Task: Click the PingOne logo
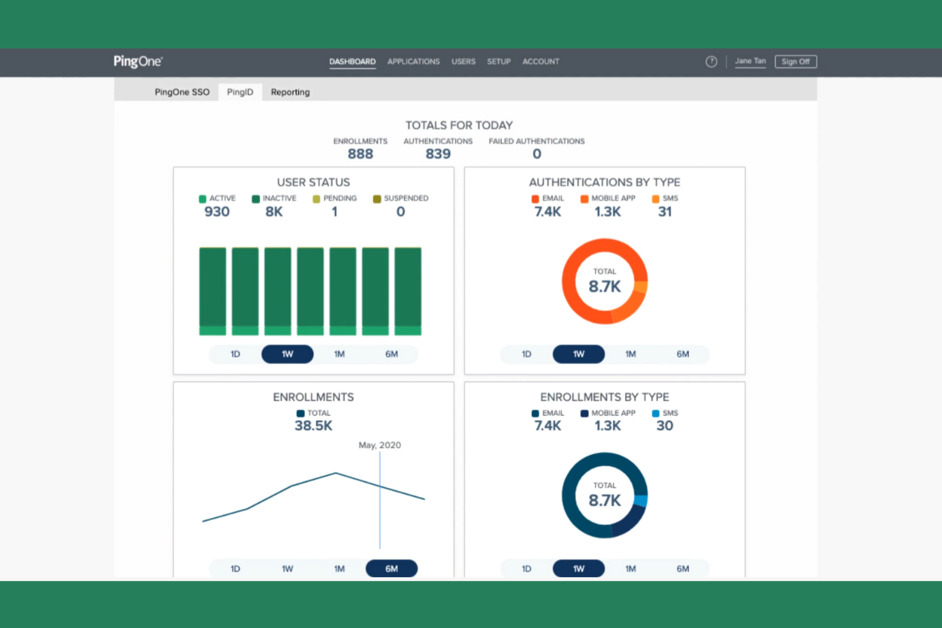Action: pyautogui.click(x=138, y=62)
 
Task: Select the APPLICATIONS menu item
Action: pyautogui.click(x=413, y=62)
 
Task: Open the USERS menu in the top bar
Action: pyautogui.click(x=463, y=62)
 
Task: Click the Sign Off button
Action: pyautogui.click(x=795, y=62)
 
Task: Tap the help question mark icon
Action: pyautogui.click(x=711, y=62)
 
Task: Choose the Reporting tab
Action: pyautogui.click(x=290, y=92)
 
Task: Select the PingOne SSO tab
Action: pyautogui.click(x=182, y=92)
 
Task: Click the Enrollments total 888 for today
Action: pyautogui.click(x=360, y=154)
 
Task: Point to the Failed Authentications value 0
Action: pyautogui.click(x=537, y=154)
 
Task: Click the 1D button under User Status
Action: pyautogui.click(x=236, y=354)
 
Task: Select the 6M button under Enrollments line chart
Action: pyautogui.click(x=391, y=569)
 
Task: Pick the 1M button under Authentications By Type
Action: pyautogui.click(x=630, y=354)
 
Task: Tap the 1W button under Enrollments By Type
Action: pyautogui.click(x=578, y=569)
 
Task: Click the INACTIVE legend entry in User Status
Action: pyautogui.click(x=274, y=199)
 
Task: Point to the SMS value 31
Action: pyautogui.click(x=664, y=212)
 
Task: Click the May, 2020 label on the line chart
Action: pyautogui.click(x=379, y=445)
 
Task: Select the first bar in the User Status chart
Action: pyautogui.click(x=213, y=291)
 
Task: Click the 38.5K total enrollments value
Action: pyautogui.click(x=313, y=426)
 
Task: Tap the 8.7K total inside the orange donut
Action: pyautogui.click(x=604, y=286)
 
